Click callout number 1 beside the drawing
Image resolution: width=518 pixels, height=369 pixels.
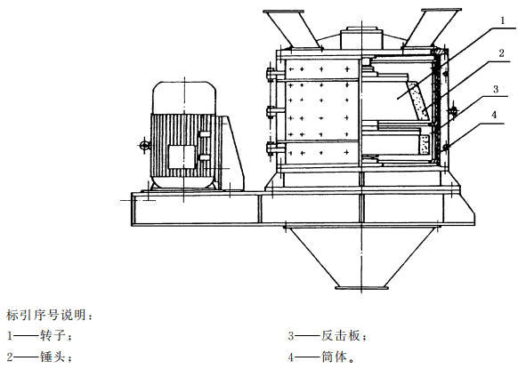pyautogui.click(x=503, y=20)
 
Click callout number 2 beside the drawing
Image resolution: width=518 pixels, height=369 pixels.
pyautogui.click(x=501, y=52)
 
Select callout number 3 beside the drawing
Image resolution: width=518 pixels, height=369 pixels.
pyautogui.click(x=496, y=89)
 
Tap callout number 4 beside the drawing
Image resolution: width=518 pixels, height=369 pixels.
pyautogui.click(x=494, y=115)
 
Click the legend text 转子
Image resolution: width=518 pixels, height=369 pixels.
pyautogui.click(x=52, y=336)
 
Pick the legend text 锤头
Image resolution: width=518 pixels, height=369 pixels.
pyautogui.click(x=52, y=357)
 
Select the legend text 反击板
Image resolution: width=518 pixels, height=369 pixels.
pyautogui.click(x=341, y=336)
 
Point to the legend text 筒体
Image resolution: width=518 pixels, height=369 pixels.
pyautogui.click(x=334, y=357)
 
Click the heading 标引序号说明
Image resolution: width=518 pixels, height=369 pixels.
pyautogui.click(x=46, y=315)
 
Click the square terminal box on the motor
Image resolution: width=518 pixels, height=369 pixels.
pyautogui.click(x=182, y=157)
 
